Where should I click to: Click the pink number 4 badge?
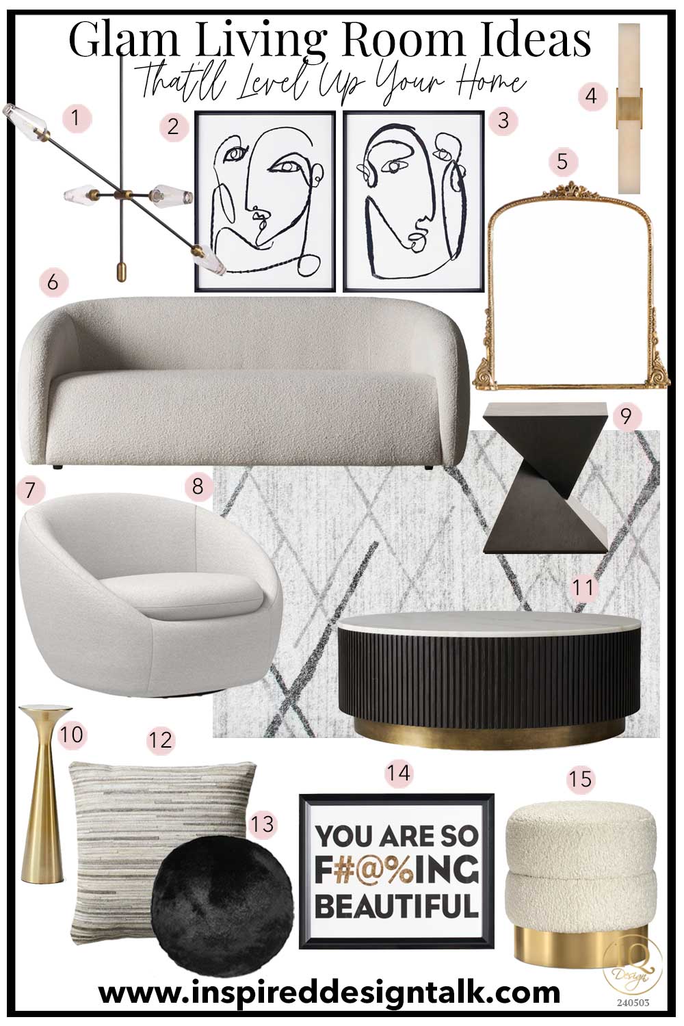point(592,95)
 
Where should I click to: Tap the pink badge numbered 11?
point(583,587)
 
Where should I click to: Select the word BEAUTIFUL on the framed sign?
point(397,906)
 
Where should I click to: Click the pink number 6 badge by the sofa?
point(53,281)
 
